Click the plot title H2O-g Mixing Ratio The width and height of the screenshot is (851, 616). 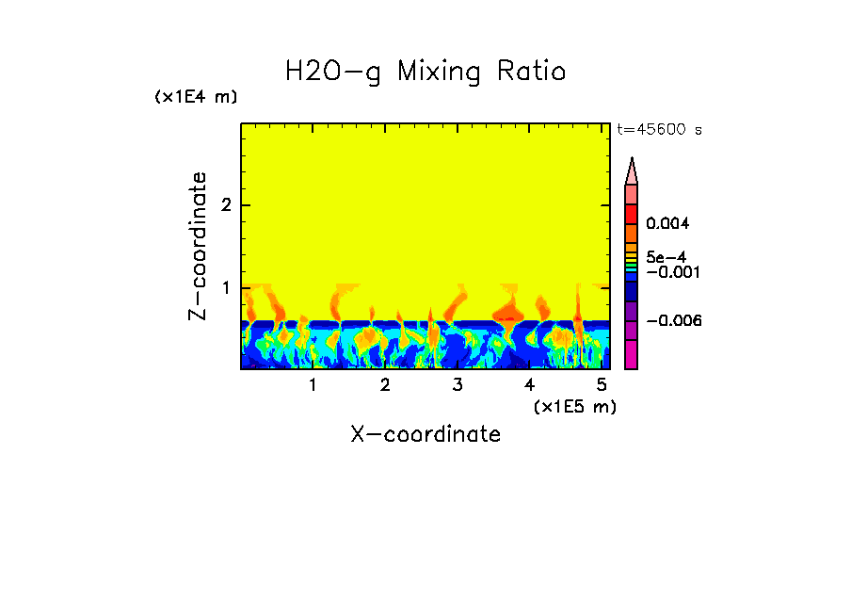(x=425, y=72)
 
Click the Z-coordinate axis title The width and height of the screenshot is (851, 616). (x=198, y=246)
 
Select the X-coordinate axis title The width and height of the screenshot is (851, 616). (x=425, y=434)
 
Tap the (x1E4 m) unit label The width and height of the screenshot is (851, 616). (x=196, y=97)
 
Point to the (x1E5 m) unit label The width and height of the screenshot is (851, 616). (x=574, y=406)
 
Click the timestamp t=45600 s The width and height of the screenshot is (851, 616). (x=659, y=130)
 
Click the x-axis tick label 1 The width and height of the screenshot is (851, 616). (x=313, y=385)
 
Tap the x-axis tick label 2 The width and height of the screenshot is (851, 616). (x=385, y=385)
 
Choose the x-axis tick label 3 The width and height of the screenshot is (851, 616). (x=458, y=385)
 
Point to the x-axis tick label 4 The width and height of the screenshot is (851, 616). (x=530, y=385)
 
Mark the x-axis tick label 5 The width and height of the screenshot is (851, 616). (x=602, y=385)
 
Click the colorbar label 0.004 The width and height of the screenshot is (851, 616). (x=668, y=224)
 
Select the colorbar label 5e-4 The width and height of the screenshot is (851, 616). (x=666, y=256)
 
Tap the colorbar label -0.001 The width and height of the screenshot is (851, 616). (x=668, y=272)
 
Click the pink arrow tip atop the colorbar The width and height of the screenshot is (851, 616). (x=632, y=170)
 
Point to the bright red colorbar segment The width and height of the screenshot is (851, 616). (x=632, y=213)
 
